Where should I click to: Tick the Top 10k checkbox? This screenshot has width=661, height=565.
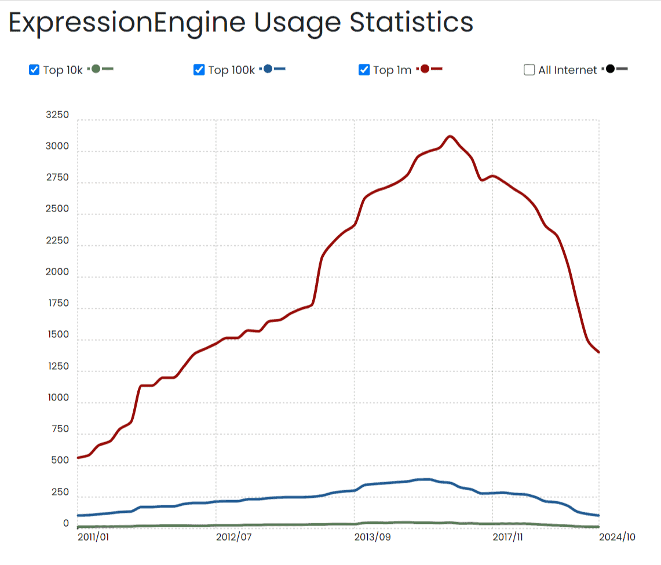tap(34, 70)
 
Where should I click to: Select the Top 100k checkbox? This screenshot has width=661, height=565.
tap(199, 70)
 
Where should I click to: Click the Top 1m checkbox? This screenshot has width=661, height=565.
tap(364, 70)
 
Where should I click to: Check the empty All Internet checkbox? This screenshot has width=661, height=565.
tap(529, 70)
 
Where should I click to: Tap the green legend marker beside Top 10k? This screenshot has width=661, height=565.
tap(96, 69)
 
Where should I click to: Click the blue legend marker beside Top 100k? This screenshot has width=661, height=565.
tap(268, 69)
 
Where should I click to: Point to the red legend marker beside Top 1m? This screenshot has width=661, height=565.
tap(425, 69)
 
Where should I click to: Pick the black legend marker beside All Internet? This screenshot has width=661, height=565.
tap(610, 69)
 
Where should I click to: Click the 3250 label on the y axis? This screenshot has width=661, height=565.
tap(57, 115)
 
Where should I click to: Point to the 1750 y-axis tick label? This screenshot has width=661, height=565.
tap(57, 303)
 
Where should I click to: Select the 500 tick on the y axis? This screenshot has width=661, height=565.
tap(60, 461)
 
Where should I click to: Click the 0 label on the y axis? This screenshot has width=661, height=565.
tap(65, 523)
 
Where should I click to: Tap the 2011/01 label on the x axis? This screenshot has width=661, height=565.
tap(93, 537)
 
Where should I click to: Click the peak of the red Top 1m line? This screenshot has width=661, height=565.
tap(450, 136)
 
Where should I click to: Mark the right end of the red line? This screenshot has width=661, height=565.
tap(598, 352)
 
